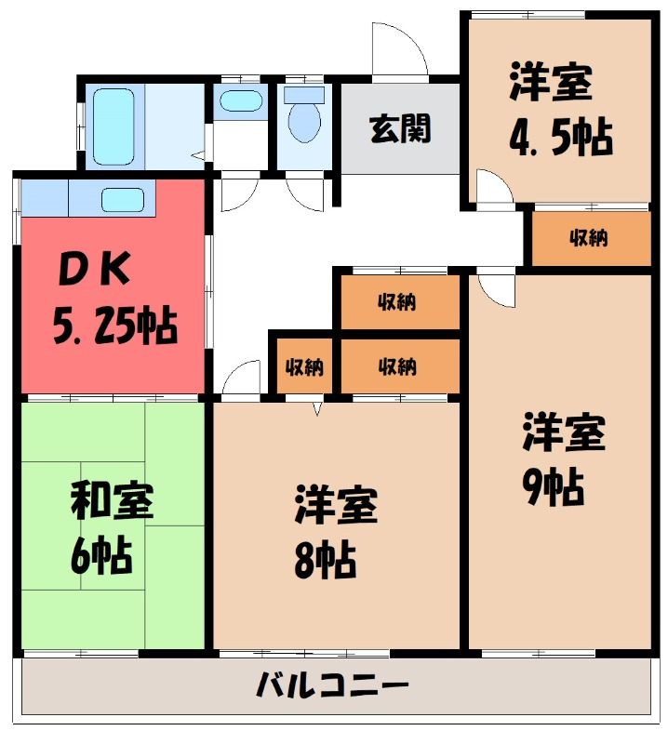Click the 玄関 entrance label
400,128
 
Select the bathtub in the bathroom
114,126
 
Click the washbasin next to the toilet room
241,101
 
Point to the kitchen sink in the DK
123,200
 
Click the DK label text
94,269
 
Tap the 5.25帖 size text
114,326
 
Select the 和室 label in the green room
112,500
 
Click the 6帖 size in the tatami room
101,554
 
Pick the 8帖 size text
326,560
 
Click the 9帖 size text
554,487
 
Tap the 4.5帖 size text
561,138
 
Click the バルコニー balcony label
332,686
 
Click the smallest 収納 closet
304,365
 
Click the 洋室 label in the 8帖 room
336,504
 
